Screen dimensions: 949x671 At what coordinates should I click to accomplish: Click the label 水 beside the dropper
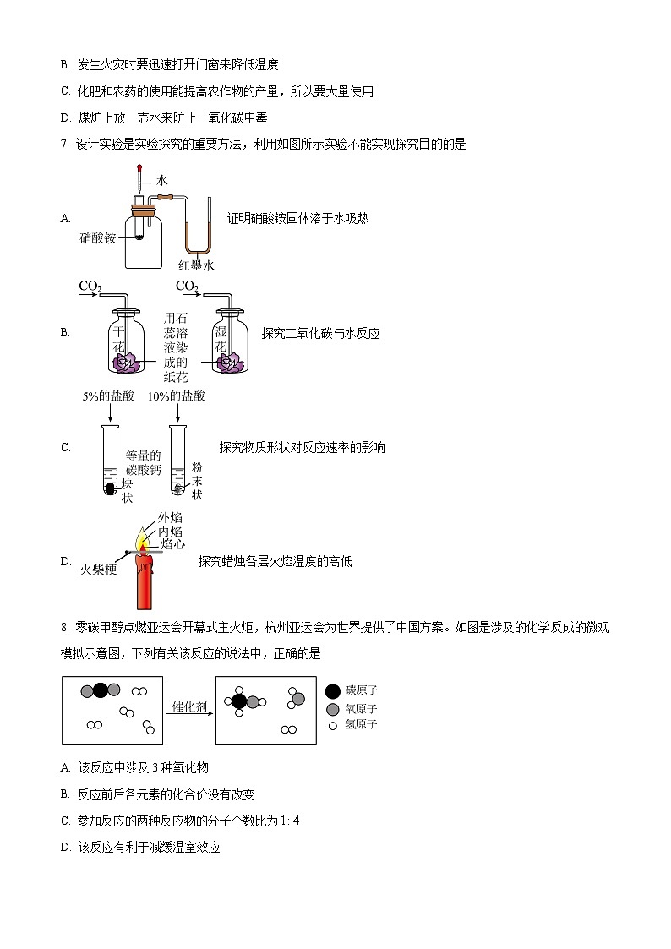point(162,180)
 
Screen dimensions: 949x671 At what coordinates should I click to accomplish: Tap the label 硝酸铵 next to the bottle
point(98,238)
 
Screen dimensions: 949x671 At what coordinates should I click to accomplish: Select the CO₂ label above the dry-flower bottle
point(90,286)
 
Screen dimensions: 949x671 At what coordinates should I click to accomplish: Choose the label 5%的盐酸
point(107,395)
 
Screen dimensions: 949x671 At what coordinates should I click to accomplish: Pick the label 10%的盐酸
point(177,395)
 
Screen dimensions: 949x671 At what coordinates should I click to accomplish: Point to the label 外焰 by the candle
point(170,517)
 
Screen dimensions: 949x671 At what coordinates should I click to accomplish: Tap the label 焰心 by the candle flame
point(172,545)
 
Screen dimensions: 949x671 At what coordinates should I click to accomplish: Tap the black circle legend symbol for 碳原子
point(333,690)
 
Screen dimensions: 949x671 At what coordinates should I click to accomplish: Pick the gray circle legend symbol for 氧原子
point(333,709)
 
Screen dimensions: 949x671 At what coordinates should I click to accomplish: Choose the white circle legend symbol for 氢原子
point(333,725)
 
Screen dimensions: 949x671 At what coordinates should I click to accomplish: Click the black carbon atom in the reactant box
point(101,690)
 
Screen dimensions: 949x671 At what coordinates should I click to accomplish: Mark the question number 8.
point(64,627)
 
